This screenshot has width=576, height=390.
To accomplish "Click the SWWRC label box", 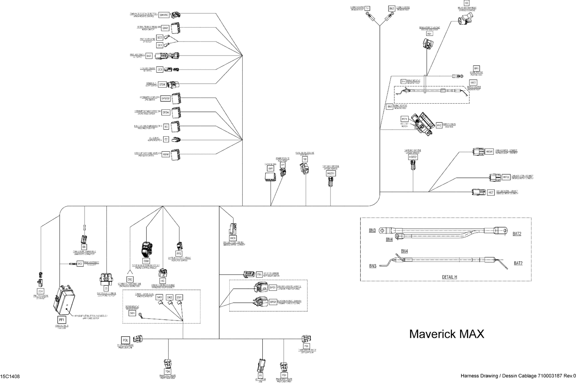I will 164,15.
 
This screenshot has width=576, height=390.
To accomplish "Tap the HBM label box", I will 166,154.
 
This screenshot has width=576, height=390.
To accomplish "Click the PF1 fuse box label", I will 62,319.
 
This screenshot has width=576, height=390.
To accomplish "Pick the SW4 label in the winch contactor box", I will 132,313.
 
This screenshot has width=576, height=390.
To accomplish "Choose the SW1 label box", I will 179,297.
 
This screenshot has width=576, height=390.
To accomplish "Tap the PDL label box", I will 125,340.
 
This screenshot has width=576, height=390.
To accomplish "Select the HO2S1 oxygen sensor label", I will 331,174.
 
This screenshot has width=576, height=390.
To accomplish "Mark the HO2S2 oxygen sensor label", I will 413,157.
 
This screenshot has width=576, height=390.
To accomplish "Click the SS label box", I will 467,3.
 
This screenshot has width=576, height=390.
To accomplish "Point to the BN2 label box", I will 392,8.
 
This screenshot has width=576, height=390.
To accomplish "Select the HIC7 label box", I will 490,192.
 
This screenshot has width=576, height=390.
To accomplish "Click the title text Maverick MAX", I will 447,334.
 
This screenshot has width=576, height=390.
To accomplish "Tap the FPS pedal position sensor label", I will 179,254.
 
